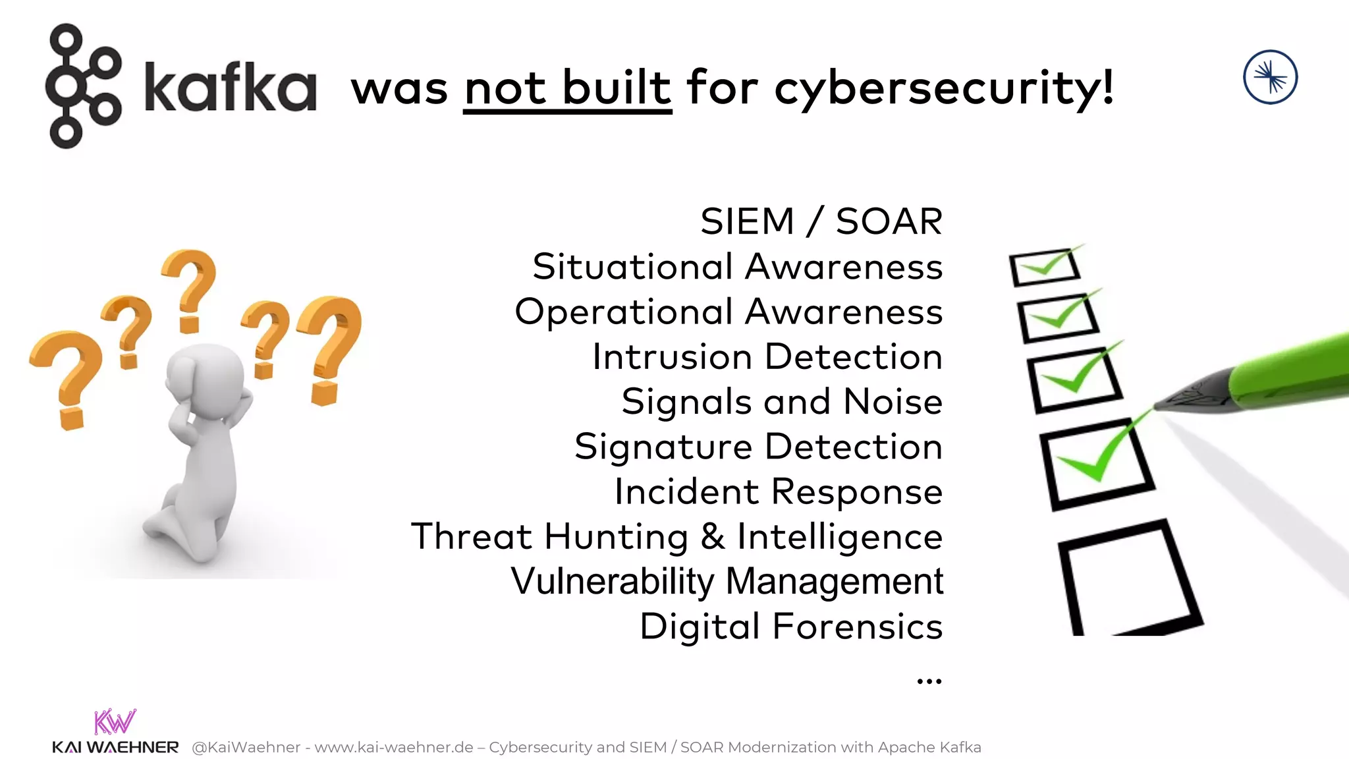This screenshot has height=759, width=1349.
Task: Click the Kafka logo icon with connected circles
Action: pos(82,86)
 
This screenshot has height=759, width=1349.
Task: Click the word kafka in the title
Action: pos(230,86)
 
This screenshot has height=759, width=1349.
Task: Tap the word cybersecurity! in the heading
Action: pos(944,88)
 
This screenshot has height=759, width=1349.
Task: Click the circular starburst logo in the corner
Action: pos(1270,77)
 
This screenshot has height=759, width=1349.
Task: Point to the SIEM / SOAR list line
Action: pos(821,221)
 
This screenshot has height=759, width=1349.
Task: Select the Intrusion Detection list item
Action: pos(767,357)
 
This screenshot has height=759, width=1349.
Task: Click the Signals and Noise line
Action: pos(782,402)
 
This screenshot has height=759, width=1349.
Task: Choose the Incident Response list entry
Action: pos(778,492)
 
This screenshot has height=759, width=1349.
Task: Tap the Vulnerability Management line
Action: pos(727,581)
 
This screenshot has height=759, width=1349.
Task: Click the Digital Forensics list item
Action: pos(791,626)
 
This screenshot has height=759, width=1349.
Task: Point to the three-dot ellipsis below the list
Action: pos(929,681)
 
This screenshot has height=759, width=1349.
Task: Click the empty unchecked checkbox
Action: pos(1128,578)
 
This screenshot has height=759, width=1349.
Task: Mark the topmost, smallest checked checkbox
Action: pos(1045,267)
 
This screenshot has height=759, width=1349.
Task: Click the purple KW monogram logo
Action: pos(115,721)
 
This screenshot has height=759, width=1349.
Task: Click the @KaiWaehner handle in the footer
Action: pos(246,747)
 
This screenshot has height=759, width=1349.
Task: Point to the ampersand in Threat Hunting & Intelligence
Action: pos(712,536)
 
